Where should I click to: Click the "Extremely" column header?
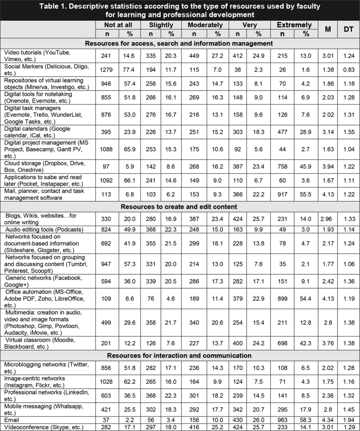pos(294,25)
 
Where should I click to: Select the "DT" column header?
pos(348,30)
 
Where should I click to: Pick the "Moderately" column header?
pos(205,25)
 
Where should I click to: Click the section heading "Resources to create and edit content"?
pos(180,207)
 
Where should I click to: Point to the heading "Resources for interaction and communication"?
pos(180,355)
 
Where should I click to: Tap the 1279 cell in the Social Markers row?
pos(103,68)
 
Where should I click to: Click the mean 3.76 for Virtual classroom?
pos(328,344)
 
